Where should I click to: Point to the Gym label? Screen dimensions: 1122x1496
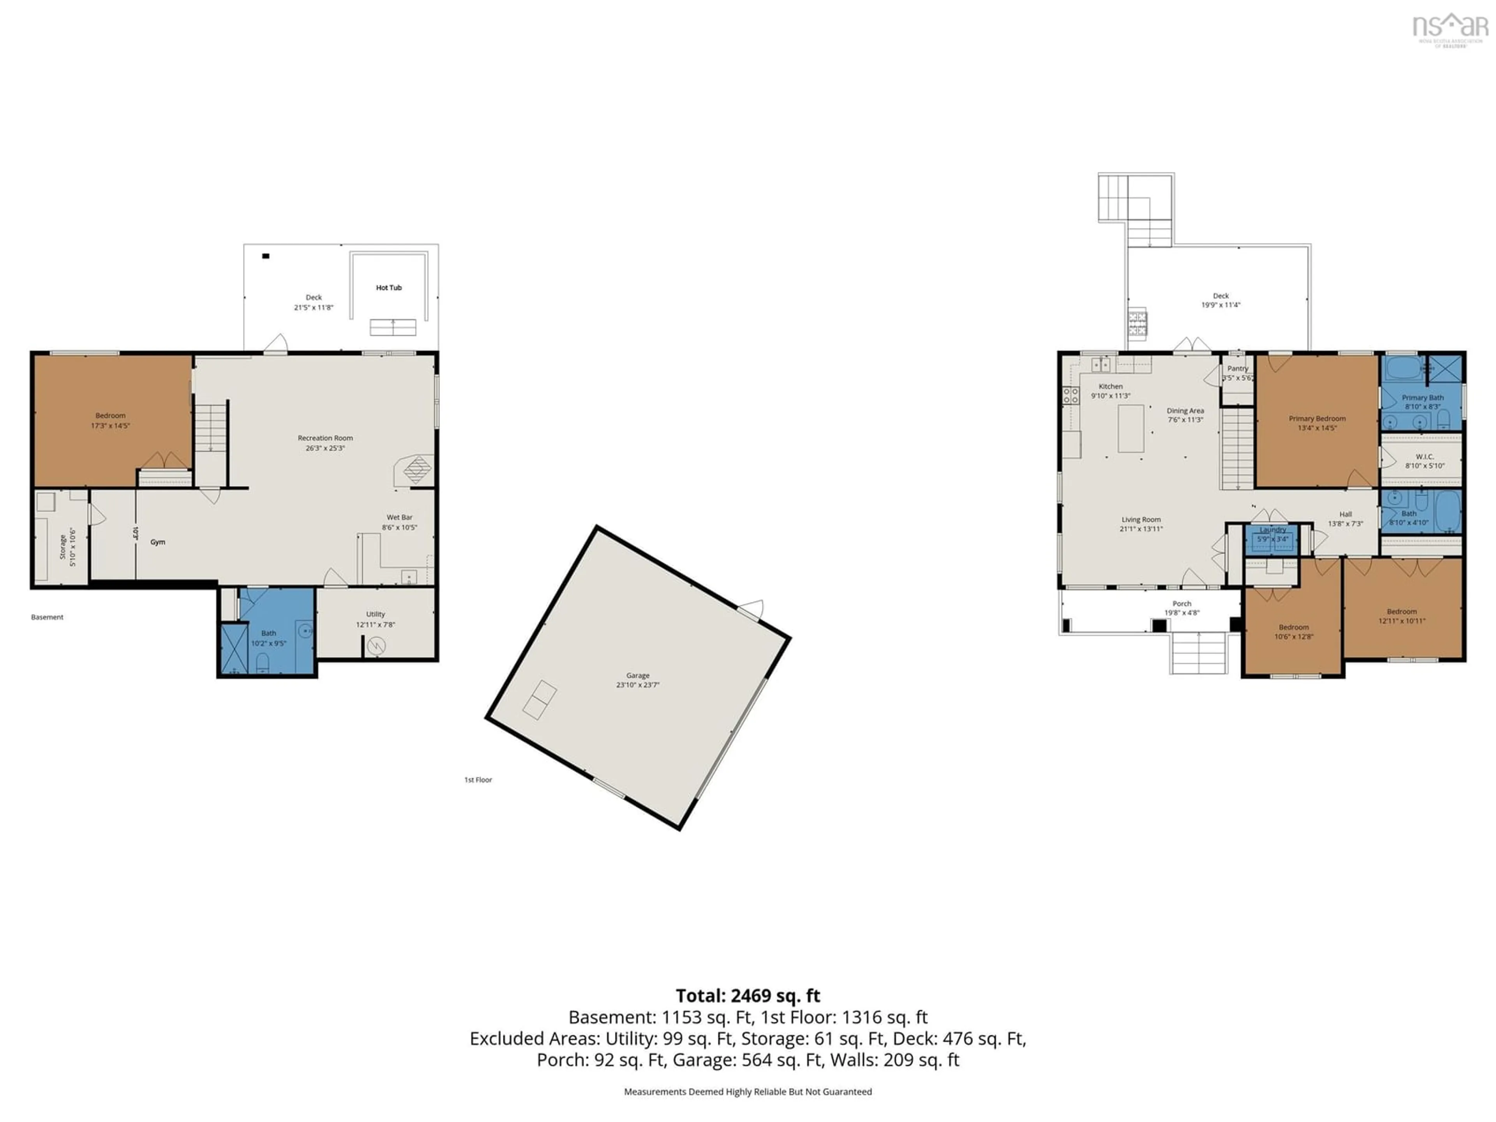pyautogui.click(x=157, y=542)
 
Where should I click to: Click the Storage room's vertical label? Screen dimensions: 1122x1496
pyautogui.click(x=63, y=547)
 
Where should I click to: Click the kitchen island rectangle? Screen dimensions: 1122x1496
pyautogui.click(x=1131, y=428)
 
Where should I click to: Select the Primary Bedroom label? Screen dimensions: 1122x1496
pyautogui.click(x=1317, y=419)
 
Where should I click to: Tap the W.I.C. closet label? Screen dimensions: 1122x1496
pyautogui.click(x=1424, y=457)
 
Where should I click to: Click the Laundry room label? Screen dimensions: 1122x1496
pyautogui.click(x=1273, y=529)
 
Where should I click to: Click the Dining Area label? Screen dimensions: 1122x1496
pyautogui.click(x=1185, y=411)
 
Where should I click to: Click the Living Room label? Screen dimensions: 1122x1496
pyautogui.click(x=1141, y=519)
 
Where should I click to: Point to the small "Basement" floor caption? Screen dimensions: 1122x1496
pyautogui.click(x=48, y=617)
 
